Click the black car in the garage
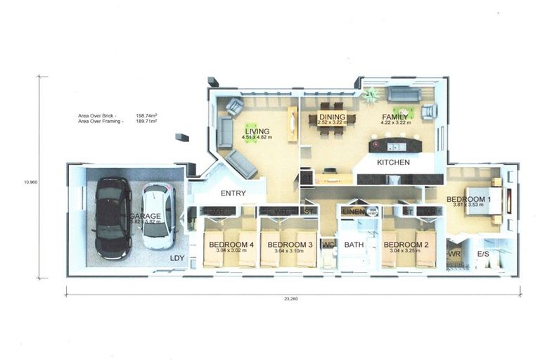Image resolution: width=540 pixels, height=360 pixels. pyautogui.click(x=112, y=217)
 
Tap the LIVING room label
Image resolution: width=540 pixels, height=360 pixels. pyautogui.click(x=257, y=131)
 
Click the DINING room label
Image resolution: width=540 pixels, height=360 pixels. pyautogui.click(x=333, y=117)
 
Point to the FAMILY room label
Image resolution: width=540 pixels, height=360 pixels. pyautogui.click(x=395, y=117)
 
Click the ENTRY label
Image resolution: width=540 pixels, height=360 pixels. pyautogui.click(x=233, y=193)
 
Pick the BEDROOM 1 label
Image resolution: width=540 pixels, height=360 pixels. pyautogui.click(x=469, y=200)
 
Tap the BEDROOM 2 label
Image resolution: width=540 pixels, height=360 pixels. pyautogui.click(x=406, y=245)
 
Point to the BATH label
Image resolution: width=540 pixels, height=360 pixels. pyautogui.click(x=354, y=245)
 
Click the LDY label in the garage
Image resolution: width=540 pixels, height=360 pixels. pyautogui.click(x=177, y=258)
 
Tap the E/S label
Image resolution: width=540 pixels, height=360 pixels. pyautogui.click(x=484, y=253)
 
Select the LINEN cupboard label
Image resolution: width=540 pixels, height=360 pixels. pyautogui.click(x=354, y=211)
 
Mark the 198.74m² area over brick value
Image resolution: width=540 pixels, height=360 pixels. pyautogui.click(x=146, y=115)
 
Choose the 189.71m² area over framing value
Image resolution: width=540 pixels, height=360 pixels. pyautogui.click(x=146, y=121)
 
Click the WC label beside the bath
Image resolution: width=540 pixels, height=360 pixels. pyautogui.click(x=327, y=245)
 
